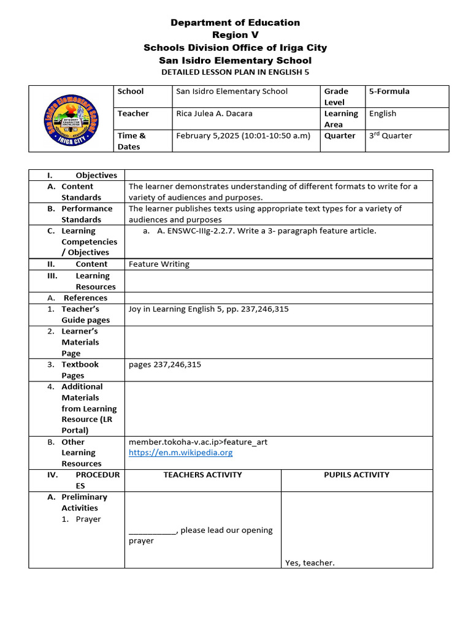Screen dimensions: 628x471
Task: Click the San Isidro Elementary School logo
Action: (x=70, y=118)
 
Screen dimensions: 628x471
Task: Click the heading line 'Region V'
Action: (x=235, y=35)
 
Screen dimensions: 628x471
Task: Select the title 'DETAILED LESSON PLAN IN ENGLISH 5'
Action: (x=235, y=72)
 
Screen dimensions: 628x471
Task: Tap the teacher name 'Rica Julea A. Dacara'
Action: (x=214, y=113)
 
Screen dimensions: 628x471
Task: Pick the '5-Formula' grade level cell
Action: (x=389, y=91)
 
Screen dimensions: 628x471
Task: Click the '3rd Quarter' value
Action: (x=390, y=136)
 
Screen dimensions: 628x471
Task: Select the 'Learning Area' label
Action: (x=341, y=119)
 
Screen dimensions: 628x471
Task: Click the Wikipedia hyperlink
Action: (x=180, y=453)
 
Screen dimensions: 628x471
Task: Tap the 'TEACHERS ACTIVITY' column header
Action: (x=202, y=475)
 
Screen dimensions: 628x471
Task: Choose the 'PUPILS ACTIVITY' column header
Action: (x=356, y=475)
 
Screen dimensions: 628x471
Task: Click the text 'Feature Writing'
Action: (x=159, y=264)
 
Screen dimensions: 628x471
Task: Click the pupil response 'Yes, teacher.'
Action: (x=310, y=562)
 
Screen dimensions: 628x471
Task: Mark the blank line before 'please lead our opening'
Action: (x=153, y=530)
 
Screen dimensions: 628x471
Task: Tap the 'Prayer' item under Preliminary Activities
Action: (x=88, y=519)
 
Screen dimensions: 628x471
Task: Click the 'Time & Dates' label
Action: (x=131, y=141)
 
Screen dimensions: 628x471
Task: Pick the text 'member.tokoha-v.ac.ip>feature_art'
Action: (x=197, y=442)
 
